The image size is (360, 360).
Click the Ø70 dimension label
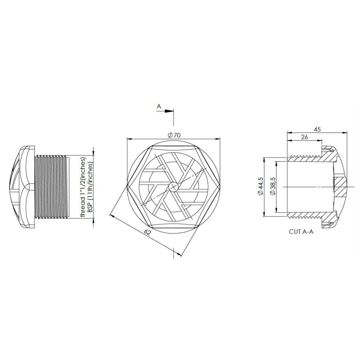(x=174, y=135)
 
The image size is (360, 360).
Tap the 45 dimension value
(x=318, y=129)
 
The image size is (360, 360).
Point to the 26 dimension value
(x=304, y=137)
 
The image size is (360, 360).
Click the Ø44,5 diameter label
(x=261, y=186)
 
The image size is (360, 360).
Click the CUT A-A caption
(x=301, y=232)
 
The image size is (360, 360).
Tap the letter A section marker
(x=159, y=107)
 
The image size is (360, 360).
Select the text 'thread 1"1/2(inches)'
(x=83, y=187)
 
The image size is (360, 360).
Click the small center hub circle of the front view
(x=174, y=186)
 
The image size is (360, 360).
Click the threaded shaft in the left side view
(x=52, y=187)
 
